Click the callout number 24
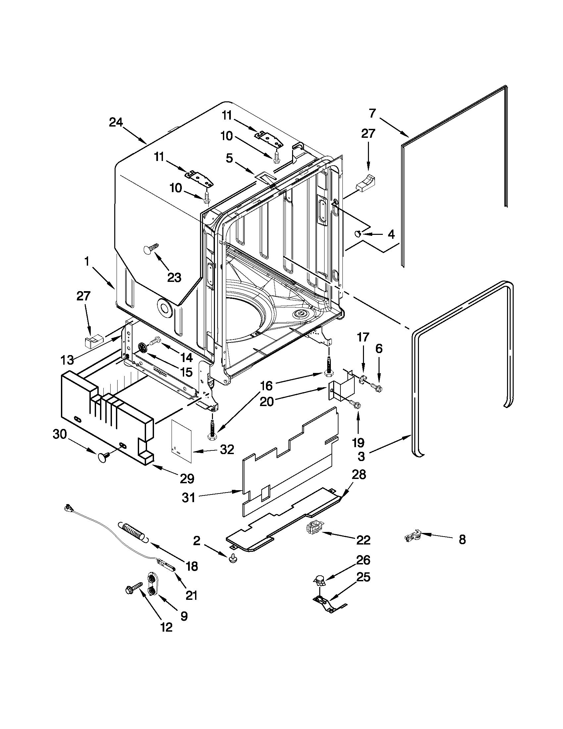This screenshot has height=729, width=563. [116, 123]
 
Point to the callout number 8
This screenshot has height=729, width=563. [462, 540]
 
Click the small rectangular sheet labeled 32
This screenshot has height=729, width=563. [181, 441]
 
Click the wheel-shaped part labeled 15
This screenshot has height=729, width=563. [143, 347]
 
